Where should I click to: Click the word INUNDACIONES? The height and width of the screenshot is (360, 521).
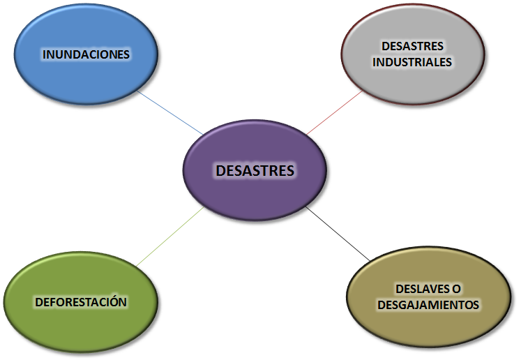(86, 54)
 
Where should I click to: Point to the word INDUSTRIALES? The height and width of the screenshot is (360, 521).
(411, 61)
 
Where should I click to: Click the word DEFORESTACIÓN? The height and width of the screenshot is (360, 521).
(81, 302)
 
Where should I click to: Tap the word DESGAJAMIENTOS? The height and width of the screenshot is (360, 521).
(428, 305)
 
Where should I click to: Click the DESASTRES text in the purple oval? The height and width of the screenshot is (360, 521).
(255, 170)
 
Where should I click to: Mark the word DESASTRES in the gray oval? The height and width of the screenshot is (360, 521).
(412, 46)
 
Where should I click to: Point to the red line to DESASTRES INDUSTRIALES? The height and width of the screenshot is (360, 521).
(333, 112)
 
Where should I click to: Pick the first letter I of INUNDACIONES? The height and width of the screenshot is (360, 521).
(44, 54)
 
